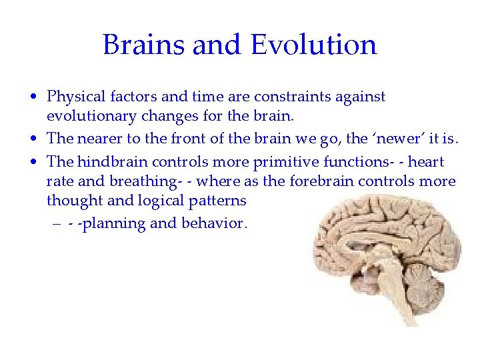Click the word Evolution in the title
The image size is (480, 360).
313,45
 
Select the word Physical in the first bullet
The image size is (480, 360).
73,97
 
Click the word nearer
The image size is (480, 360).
97,139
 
